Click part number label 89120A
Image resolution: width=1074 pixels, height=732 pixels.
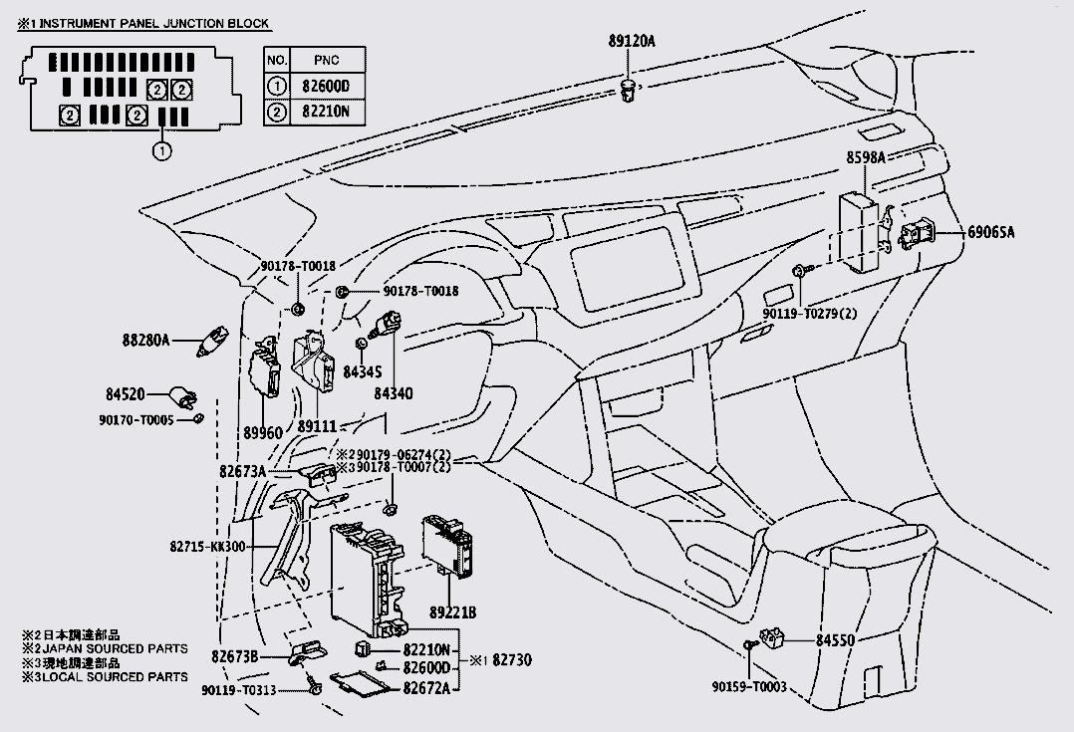pos(632,41)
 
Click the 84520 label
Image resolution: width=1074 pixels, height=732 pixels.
pos(124,394)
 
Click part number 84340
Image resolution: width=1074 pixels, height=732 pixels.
pos(393,393)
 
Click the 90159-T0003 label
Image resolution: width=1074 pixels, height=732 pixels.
pos(749,687)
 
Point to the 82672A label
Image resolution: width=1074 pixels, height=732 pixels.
pos(426,688)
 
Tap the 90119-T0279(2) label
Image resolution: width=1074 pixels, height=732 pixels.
pos(810,314)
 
